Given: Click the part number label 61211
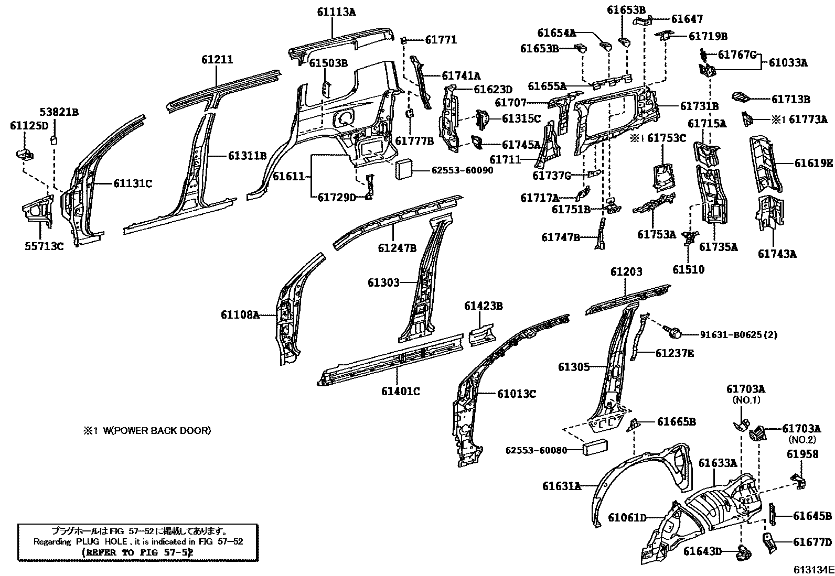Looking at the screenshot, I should [217, 60].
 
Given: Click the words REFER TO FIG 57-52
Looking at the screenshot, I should [138, 552].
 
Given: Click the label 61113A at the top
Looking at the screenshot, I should [336, 11].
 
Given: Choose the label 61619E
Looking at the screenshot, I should [813, 163].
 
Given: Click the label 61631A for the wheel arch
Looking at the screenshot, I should [562, 486].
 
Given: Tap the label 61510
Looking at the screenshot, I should [688, 269].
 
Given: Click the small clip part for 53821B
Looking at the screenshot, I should [53, 139].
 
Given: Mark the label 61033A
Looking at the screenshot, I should [788, 63].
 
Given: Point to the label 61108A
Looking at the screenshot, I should [240, 315].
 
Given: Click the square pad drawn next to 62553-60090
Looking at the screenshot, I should [405, 169].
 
